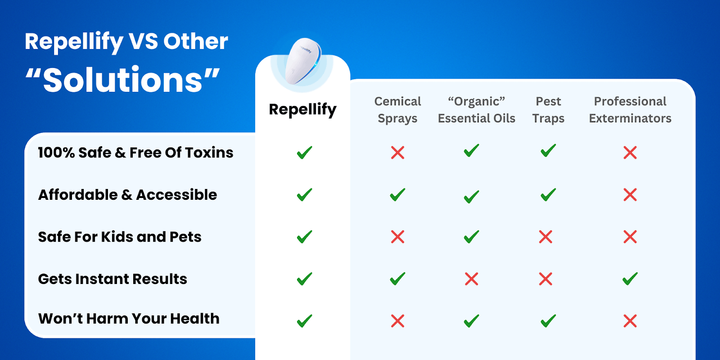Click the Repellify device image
pos(303,61)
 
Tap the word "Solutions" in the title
pos(122,80)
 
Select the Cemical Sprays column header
pos(397,110)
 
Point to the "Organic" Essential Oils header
pos(477,110)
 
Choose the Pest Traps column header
pos(548,110)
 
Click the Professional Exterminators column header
pos(630,110)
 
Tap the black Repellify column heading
pos(302,110)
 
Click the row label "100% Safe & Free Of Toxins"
pos(135,153)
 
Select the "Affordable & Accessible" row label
pos(128,195)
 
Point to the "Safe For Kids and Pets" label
pos(120,237)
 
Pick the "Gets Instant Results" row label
pos(112,279)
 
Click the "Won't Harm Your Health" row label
pos(129,319)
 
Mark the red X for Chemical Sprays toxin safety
pos(398,153)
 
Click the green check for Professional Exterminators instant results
pos(630,279)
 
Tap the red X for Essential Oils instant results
pos(472,279)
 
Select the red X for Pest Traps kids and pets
pos(545,237)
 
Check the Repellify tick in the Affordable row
pos(304,194)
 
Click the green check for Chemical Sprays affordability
pos(398,194)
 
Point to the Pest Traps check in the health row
pos(548,321)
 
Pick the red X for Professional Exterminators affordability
pos(630,195)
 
